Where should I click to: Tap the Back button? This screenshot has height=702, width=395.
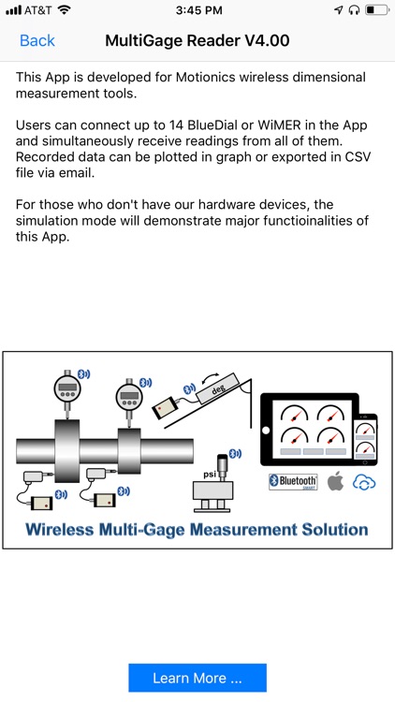coord(37,41)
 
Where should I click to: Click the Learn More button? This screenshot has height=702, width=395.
coord(197,678)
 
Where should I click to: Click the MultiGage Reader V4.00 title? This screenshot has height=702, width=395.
coord(197,41)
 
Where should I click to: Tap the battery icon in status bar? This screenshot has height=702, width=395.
coord(376,10)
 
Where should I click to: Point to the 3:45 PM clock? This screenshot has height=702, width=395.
coord(197,10)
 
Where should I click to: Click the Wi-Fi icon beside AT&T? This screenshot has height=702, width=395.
coord(64,10)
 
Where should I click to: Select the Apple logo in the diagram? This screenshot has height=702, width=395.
coord(335,482)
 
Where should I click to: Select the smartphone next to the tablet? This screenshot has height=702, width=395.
coord(364,439)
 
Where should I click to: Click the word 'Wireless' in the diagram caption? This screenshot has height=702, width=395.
coord(65,529)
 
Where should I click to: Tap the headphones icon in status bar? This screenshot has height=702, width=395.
coord(353,10)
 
